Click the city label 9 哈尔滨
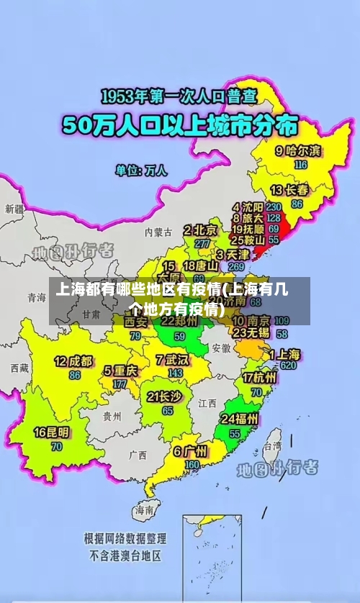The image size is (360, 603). (x=299, y=151)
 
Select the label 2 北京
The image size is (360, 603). (x=200, y=231)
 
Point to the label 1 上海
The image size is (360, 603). (x=284, y=354)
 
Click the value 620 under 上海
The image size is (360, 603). (x=289, y=366)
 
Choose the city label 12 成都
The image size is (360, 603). (x=73, y=361)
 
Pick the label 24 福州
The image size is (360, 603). (x=240, y=419)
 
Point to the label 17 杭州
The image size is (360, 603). (x=259, y=378)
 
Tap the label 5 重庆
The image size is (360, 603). (x=120, y=371)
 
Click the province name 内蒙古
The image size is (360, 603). (x=158, y=232)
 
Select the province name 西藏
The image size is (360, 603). (x=19, y=368)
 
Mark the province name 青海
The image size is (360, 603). (x=37, y=297)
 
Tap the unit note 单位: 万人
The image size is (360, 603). (x=142, y=171)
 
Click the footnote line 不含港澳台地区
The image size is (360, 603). (x=125, y=556)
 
